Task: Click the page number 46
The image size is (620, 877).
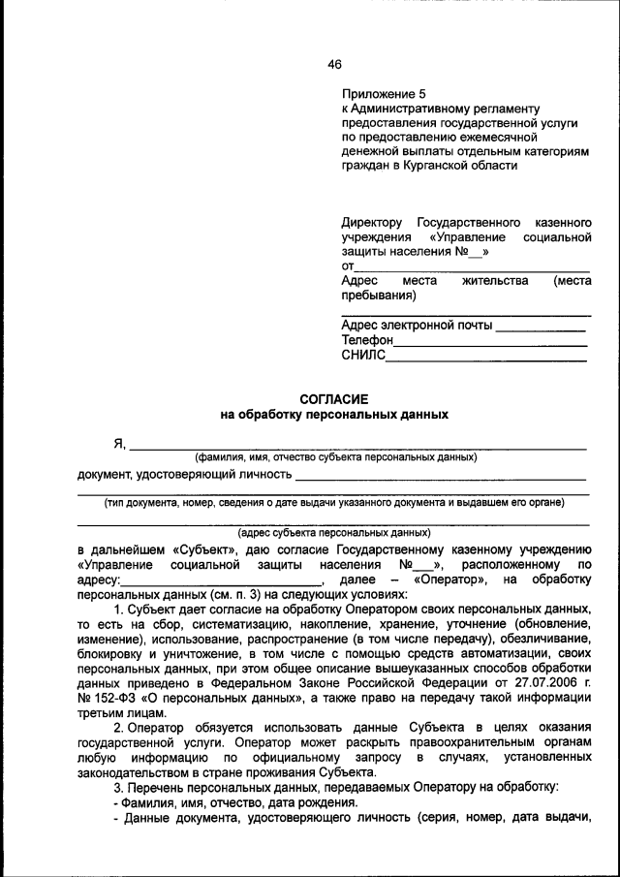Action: pos(334,64)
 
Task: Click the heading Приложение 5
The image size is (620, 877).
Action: pos(384,94)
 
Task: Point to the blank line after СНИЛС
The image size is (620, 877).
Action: pos(486,360)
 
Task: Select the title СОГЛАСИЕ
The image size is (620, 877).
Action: pos(334,398)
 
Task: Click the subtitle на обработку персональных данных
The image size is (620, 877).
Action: pos(334,414)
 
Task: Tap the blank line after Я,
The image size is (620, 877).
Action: pos(357,448)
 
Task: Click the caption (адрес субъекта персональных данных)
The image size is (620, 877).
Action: pos(334,533)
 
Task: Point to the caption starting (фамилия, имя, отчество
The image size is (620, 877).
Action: pos(334,456)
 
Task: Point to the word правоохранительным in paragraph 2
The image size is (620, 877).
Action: pos(456,741)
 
